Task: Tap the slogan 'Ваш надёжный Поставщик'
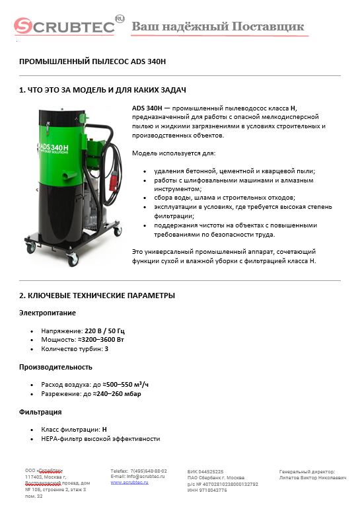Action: point(218,26)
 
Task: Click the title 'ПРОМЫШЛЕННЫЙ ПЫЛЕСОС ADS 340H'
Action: point(92,61)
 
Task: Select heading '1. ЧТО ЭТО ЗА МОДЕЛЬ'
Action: point(102,89)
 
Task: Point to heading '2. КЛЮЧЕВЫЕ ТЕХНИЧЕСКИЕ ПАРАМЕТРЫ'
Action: point(96,295)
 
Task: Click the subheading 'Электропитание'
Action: point(47,313)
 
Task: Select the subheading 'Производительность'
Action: point(55,367)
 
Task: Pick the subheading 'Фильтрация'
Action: point(40,412)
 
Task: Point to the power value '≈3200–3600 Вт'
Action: point(104,340)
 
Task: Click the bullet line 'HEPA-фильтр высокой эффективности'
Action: point(100,439)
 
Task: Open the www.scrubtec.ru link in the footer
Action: point(129,483)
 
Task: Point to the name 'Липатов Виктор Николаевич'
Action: point(313,477)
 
